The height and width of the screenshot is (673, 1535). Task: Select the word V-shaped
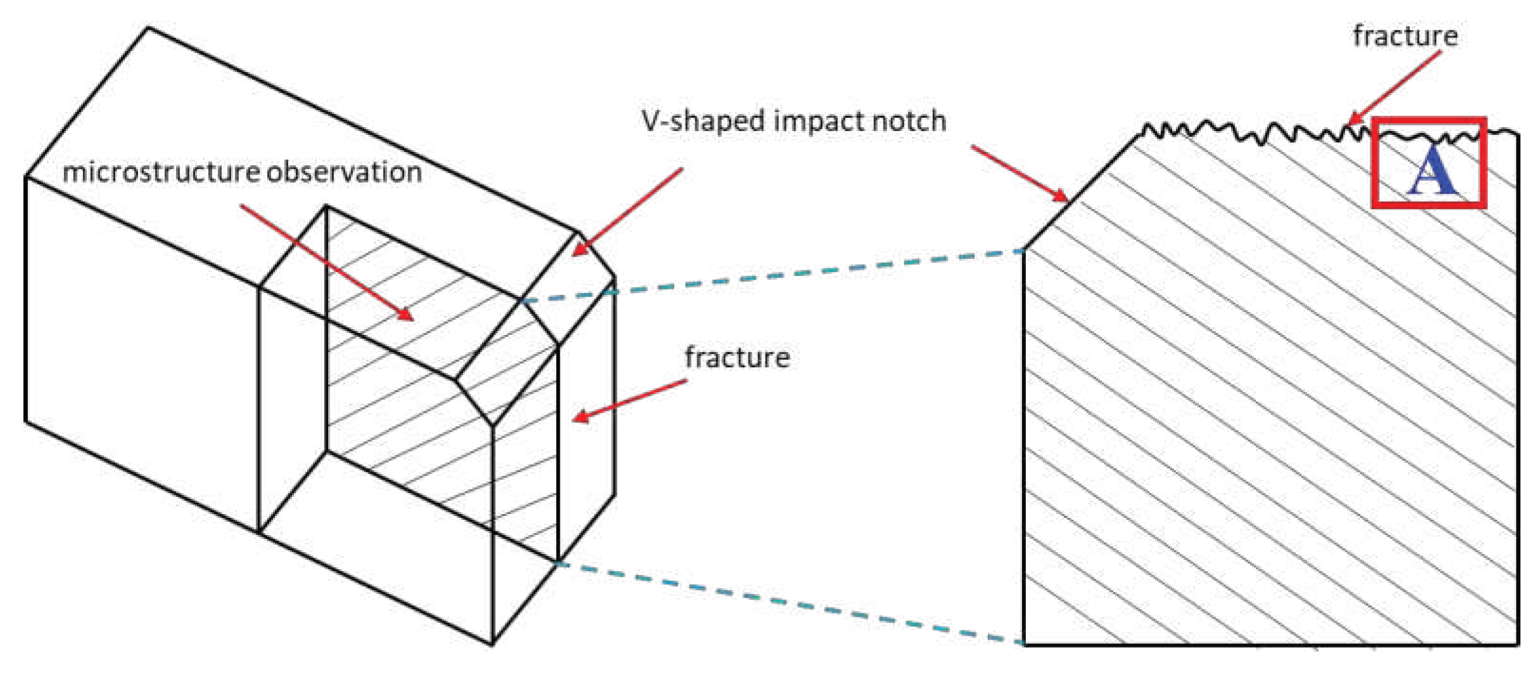click(x=702, y=122)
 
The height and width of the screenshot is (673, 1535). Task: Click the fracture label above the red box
click(x=1405, y=36)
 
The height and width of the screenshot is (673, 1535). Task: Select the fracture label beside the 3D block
click(x=737, y=358)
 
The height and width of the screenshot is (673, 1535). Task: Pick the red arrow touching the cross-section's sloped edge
click(x=1020, y=173)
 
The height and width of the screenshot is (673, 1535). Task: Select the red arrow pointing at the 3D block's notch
click(x=627, y=212)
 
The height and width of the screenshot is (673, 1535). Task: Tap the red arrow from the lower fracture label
click(x=630, y=400)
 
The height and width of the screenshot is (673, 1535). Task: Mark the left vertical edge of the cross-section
click(x=1024, y=443)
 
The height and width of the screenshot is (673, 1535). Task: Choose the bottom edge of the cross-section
click(x=1267, y=645)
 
